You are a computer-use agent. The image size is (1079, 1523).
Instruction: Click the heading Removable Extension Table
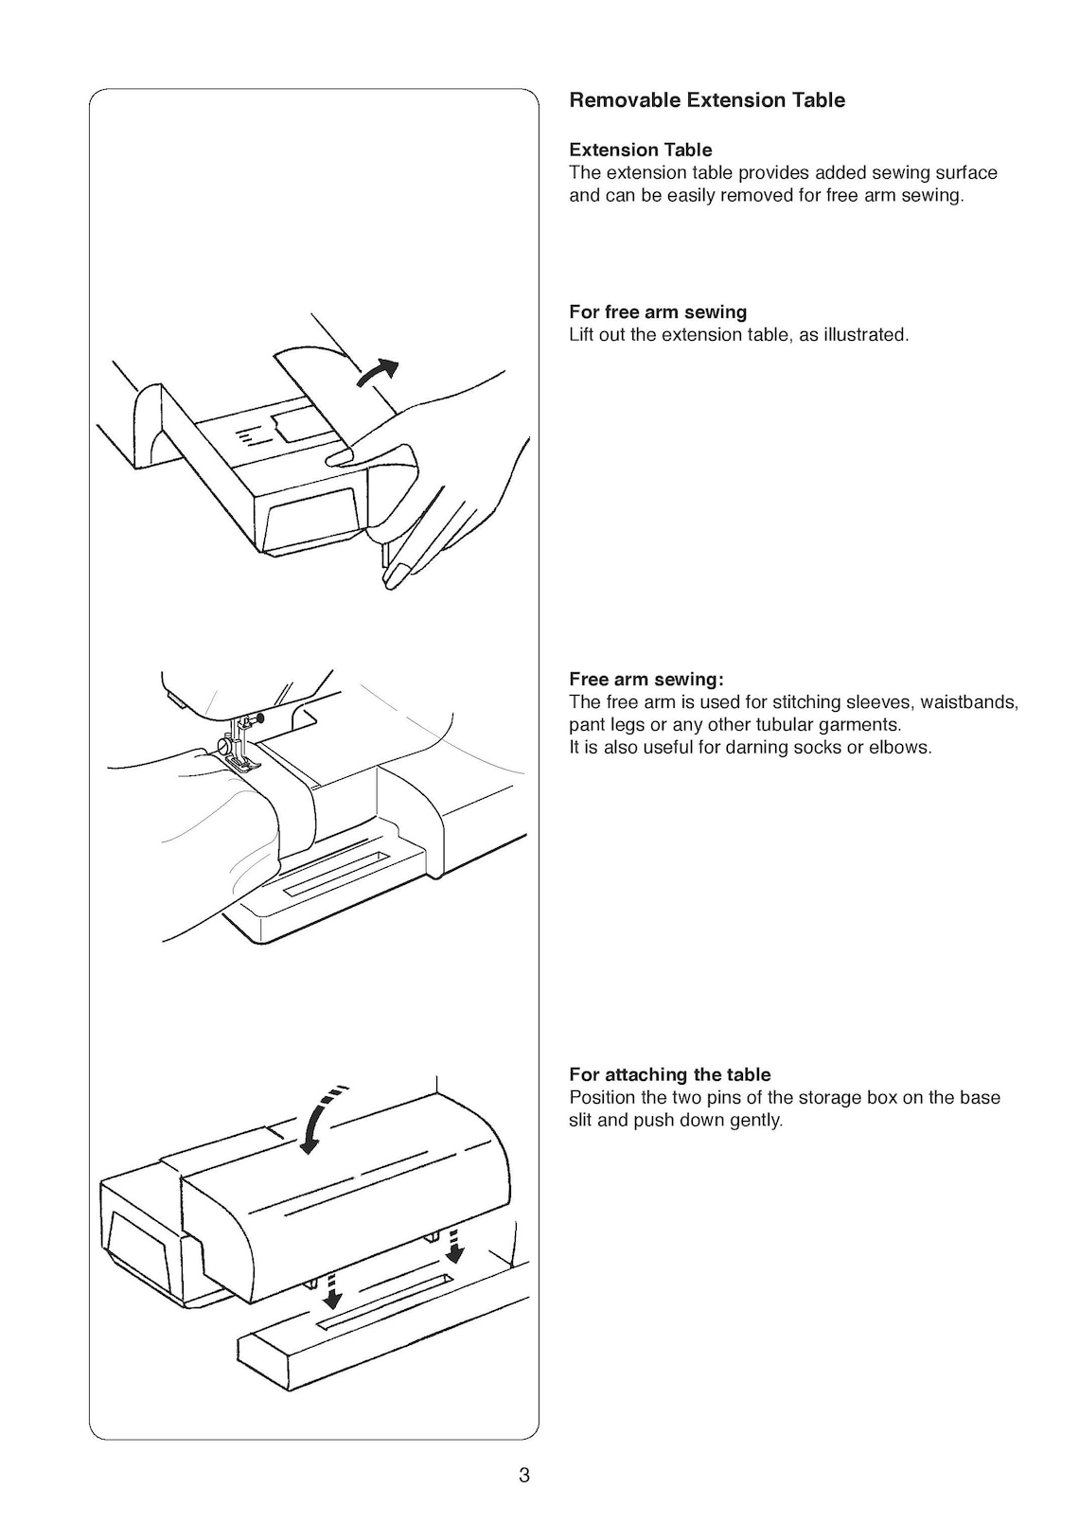pos(706,100)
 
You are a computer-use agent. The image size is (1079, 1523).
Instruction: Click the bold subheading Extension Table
pos(640,150)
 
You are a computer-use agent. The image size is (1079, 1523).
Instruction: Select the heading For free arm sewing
pos(657,312)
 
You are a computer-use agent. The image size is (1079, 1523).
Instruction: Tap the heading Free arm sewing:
pos(646,679)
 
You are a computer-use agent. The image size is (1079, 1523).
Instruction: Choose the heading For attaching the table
pos(669,1074)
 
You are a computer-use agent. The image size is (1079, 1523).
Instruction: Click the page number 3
pos(524,1475)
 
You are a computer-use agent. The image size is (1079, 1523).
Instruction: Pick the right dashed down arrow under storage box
pos(456,1247)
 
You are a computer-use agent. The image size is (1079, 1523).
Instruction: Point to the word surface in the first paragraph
pos(965,173)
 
